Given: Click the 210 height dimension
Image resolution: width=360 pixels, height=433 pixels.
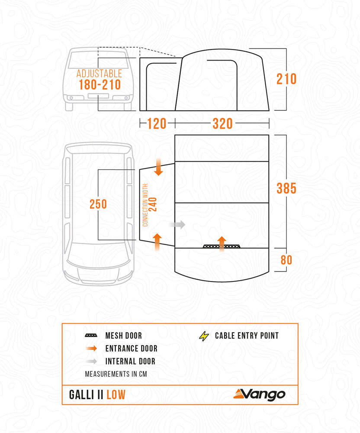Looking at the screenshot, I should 287,79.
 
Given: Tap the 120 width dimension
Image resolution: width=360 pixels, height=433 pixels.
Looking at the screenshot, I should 157,124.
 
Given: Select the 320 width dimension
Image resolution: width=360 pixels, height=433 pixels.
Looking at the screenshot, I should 222,124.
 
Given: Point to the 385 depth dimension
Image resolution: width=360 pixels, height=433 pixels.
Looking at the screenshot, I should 286,189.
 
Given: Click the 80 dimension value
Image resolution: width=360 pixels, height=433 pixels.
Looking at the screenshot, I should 286,260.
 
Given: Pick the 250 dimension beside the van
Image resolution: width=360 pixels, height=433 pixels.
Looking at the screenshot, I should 98,204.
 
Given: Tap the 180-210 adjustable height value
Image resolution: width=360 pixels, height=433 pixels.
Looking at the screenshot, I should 100,84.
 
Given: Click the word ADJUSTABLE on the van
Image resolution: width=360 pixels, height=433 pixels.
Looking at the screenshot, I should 99,74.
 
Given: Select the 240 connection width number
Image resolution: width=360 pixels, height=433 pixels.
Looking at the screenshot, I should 153,204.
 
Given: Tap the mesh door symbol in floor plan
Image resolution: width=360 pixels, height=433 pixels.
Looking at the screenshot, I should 222,246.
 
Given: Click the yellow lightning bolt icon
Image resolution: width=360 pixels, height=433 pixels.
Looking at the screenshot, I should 203,336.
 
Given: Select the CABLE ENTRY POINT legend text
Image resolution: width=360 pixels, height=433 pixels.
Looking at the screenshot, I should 247,336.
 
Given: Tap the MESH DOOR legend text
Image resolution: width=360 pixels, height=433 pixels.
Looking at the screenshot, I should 123,336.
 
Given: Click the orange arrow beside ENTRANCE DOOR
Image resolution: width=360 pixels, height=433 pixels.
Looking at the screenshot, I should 91,349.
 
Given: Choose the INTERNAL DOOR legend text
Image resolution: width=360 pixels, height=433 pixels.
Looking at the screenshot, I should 130,361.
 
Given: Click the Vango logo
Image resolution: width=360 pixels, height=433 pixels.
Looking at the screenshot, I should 260,394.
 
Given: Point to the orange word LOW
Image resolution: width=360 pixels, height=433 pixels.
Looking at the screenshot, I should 116,394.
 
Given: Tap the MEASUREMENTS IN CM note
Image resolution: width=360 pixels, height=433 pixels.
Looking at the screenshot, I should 116,374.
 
